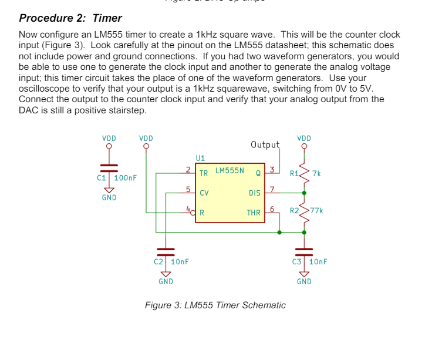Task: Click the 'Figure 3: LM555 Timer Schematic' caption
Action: tap(215, 305)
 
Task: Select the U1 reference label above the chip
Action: tap(200, 158)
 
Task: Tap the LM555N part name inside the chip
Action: tap(230, 171)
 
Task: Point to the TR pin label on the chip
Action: tap(203, 173)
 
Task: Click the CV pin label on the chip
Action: tap(204, 193)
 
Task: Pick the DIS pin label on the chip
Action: tap(254, 193)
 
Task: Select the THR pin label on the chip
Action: tap(254, 213)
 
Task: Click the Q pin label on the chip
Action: tap(258, 173)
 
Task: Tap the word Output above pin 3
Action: tap(265, 144)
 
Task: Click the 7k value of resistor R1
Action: tap(317, 173)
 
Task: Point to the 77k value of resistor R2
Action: tap(317, 210)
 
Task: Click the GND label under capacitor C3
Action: tap(304, 281)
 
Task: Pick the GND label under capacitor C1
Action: tap(109, 198)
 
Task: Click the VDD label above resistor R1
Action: tap(304, 139)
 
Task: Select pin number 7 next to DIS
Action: tap(271, 189)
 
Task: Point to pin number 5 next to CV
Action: tap(187, 189)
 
